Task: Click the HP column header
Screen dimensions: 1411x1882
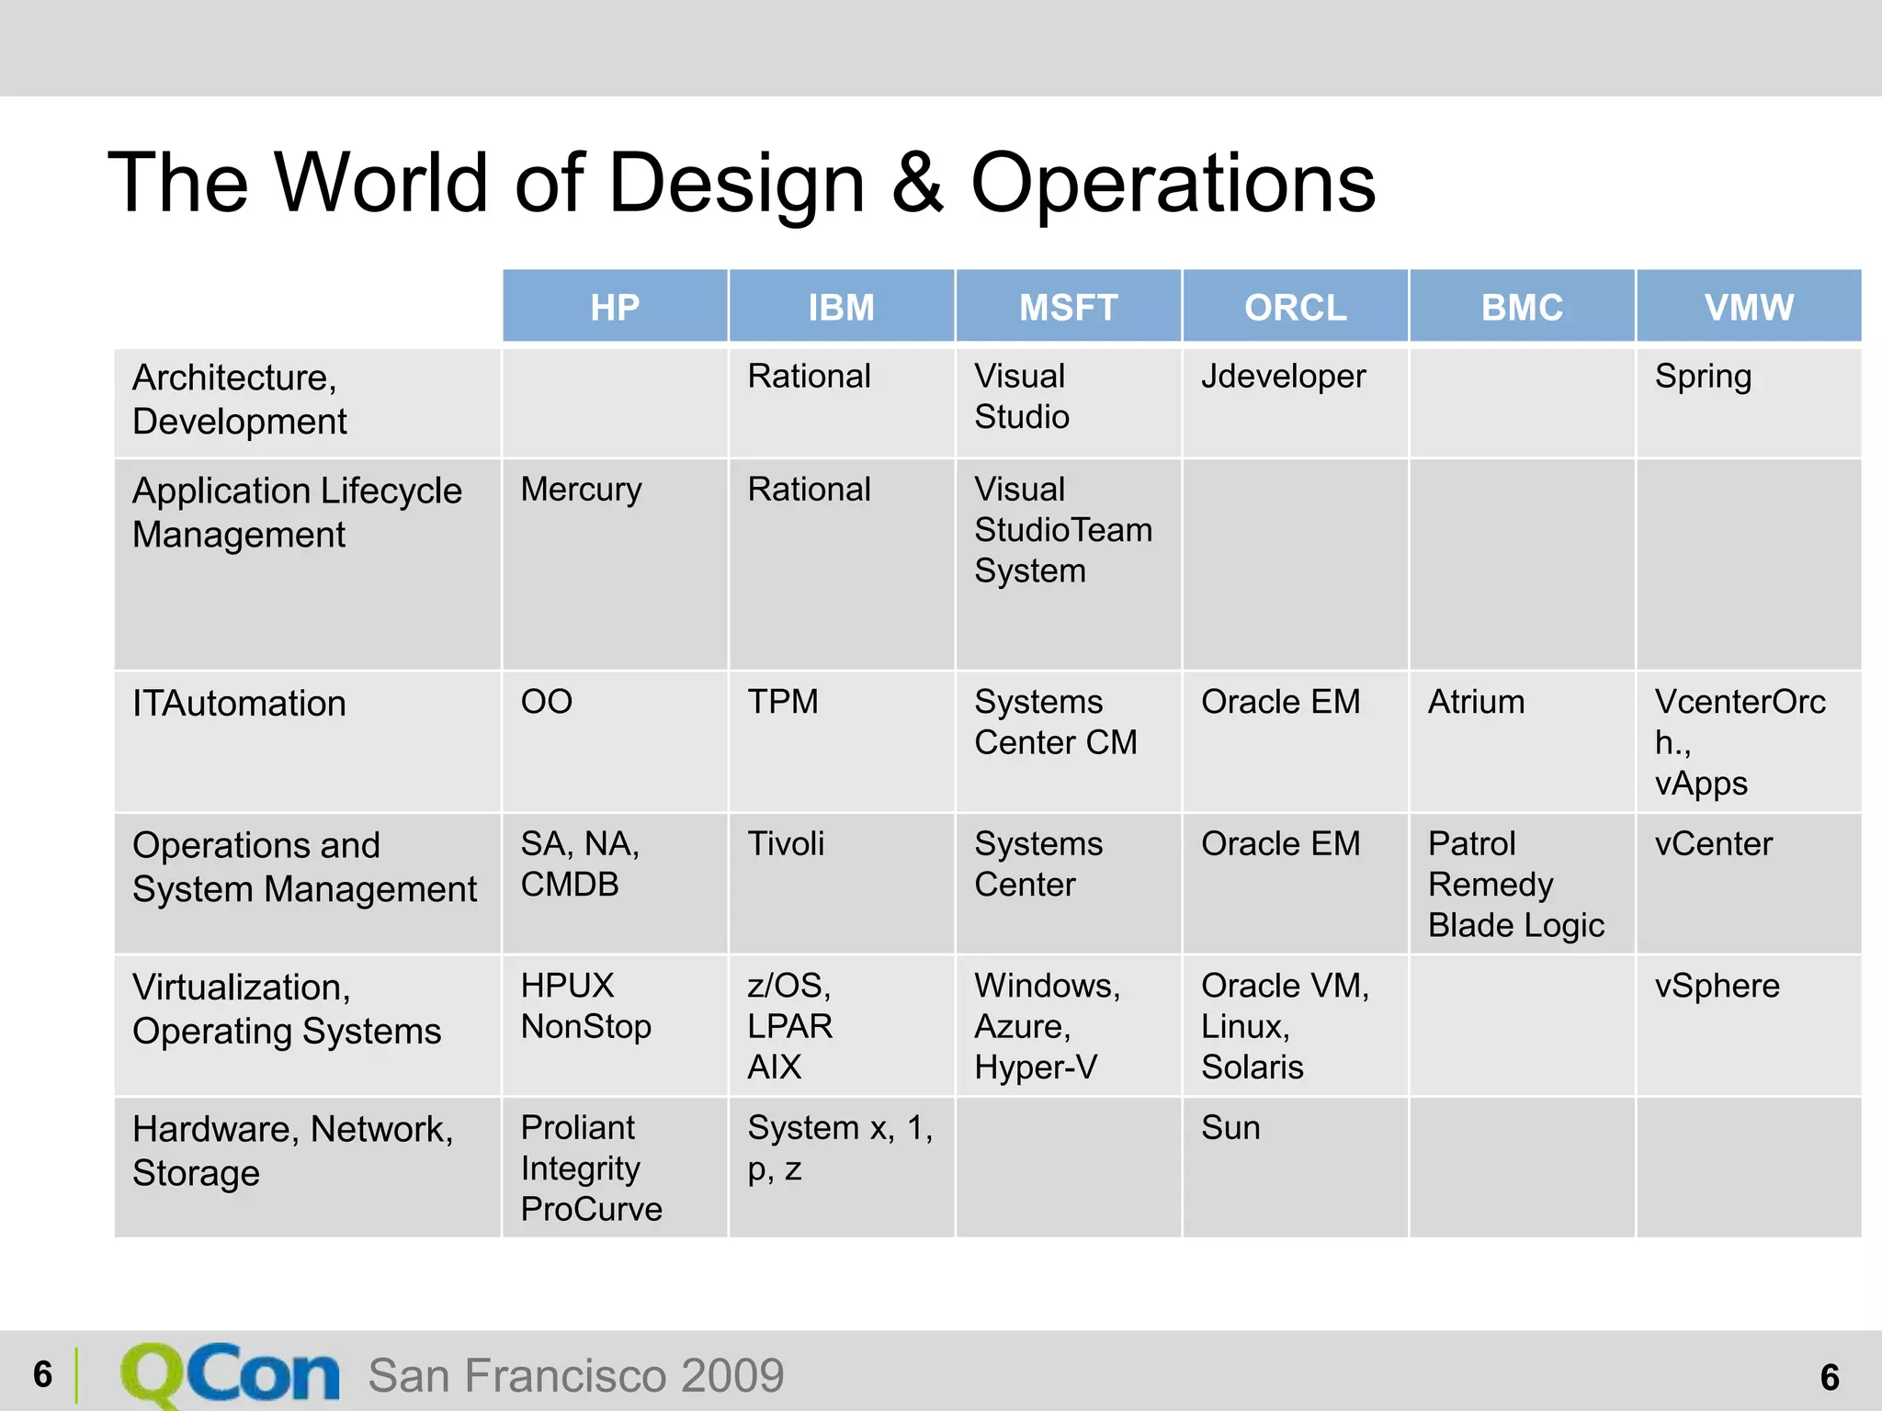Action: (614, 307)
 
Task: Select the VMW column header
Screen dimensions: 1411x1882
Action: (1748, 307)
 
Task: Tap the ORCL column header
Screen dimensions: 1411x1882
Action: (1295, 307)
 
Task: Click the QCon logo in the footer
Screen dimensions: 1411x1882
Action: (230, 1374)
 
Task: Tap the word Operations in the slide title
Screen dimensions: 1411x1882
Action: (1173, 183)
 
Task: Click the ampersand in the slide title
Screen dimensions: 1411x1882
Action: (916, 183)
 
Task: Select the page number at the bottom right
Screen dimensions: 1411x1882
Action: (1829, 1377)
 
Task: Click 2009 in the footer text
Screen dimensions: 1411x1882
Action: (731, 1375)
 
